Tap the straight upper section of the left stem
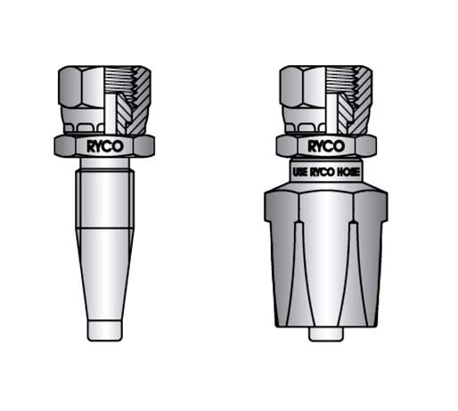click(106, 201)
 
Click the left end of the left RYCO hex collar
click(59, 145)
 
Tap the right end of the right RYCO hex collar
click(374, 145)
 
